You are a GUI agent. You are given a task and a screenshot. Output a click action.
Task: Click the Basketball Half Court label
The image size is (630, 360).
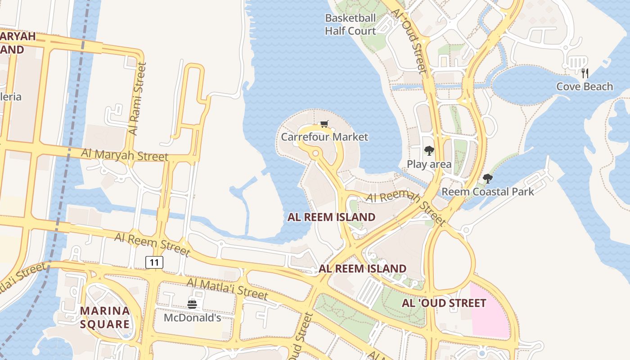350,25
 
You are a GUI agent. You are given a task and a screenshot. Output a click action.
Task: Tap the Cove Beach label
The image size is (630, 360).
585,86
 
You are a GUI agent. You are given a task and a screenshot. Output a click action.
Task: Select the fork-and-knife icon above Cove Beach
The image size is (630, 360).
585,73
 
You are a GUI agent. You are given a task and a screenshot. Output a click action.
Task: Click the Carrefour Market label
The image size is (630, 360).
324,137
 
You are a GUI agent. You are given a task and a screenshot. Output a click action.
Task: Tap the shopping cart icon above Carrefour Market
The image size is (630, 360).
324,124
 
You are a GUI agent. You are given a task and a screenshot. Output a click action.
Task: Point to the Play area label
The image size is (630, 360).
429,164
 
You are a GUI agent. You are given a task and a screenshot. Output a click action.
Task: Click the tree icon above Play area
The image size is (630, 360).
429,151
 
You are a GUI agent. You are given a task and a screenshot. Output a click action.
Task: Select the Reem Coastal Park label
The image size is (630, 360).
487,192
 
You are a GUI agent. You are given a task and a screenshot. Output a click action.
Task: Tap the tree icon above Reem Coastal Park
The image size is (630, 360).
487,179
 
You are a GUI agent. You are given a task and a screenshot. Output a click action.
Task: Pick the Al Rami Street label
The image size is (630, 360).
138,99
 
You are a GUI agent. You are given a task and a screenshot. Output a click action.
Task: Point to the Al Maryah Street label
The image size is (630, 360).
125,155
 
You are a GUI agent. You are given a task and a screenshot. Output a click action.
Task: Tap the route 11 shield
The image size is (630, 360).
154,262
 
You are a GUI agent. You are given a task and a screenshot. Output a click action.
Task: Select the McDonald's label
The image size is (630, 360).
192,318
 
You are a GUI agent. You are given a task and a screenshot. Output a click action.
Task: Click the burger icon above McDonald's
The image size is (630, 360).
192,305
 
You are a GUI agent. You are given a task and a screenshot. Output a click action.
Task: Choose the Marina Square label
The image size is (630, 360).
105,317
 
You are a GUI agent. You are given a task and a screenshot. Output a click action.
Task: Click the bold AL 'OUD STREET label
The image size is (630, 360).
444,303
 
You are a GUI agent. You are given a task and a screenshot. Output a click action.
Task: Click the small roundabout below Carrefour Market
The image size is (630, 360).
315,154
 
